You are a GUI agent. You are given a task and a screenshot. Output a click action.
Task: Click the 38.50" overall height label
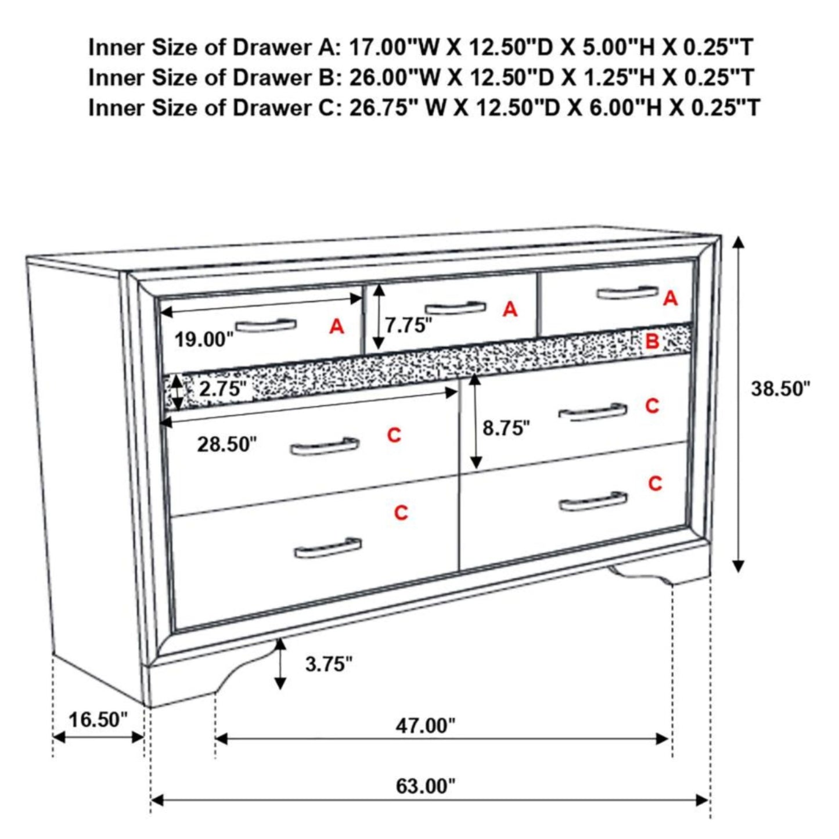(x=780, y=388)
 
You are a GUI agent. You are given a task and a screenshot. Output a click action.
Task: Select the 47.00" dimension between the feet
(x=426, y=725)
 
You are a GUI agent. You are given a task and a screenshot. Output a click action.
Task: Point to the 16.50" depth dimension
(x=98, y=719)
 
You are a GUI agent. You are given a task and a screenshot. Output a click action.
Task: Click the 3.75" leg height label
(x=329, y=664)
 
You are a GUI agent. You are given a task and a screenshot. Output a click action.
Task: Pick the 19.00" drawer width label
(x=204, y=340)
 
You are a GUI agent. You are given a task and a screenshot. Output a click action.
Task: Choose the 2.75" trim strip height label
(x=222, y=388)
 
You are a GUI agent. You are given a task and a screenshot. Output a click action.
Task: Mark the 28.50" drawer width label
(x=226, y=445)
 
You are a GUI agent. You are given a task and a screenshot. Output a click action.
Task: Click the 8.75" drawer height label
(x=506, y=428)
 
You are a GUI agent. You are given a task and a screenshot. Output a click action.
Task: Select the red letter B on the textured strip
(x=652, y=341)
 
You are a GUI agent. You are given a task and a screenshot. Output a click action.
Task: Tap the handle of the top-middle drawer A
(x=455, y=308)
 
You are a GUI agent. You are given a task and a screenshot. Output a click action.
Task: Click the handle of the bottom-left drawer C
(x=327, y=548)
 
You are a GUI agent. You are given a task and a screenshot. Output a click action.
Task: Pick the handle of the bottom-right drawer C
(x=593, y=502)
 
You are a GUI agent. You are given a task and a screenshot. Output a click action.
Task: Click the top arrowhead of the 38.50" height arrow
(x=738, y=242)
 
